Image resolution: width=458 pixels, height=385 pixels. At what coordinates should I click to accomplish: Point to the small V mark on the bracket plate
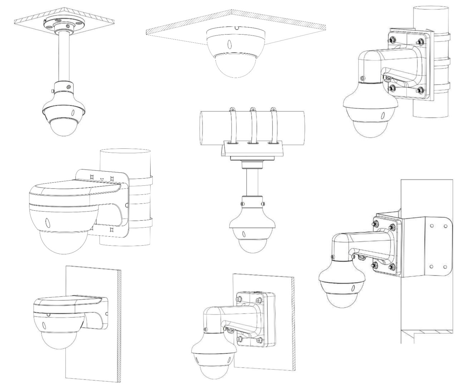(102, 179)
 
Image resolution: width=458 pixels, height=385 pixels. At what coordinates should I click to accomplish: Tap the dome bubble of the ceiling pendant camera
(63, 127)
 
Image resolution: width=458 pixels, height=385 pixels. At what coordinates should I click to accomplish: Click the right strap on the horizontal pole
(274, 124)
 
